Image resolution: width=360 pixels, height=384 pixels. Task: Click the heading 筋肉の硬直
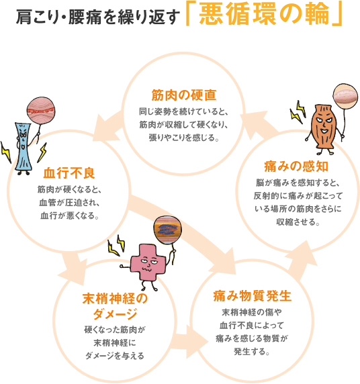pos(184,95)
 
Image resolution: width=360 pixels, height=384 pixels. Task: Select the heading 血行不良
pos(69,173)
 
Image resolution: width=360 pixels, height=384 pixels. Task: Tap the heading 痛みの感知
pos(296,166)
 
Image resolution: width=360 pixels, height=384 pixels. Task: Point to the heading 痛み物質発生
pos(252,295)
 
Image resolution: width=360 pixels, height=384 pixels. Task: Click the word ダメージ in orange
pos(115,314)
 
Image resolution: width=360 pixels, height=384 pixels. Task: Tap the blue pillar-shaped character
pos(24,148)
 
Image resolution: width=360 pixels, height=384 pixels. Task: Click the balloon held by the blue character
pos(41,111)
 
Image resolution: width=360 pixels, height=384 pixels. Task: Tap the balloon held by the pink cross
pos(168,230)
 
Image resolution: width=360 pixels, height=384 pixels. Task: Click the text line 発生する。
pos(252,352)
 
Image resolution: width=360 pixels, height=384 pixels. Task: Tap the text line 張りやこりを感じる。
pos(184,138)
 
